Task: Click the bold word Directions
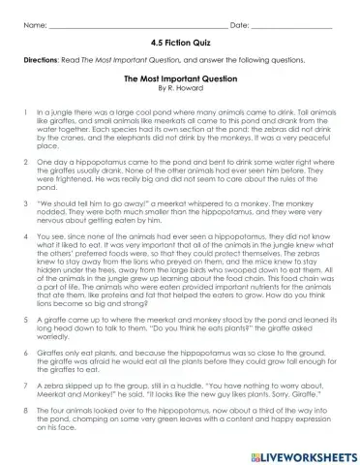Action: [42, 60]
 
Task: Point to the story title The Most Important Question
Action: [180, 85]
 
